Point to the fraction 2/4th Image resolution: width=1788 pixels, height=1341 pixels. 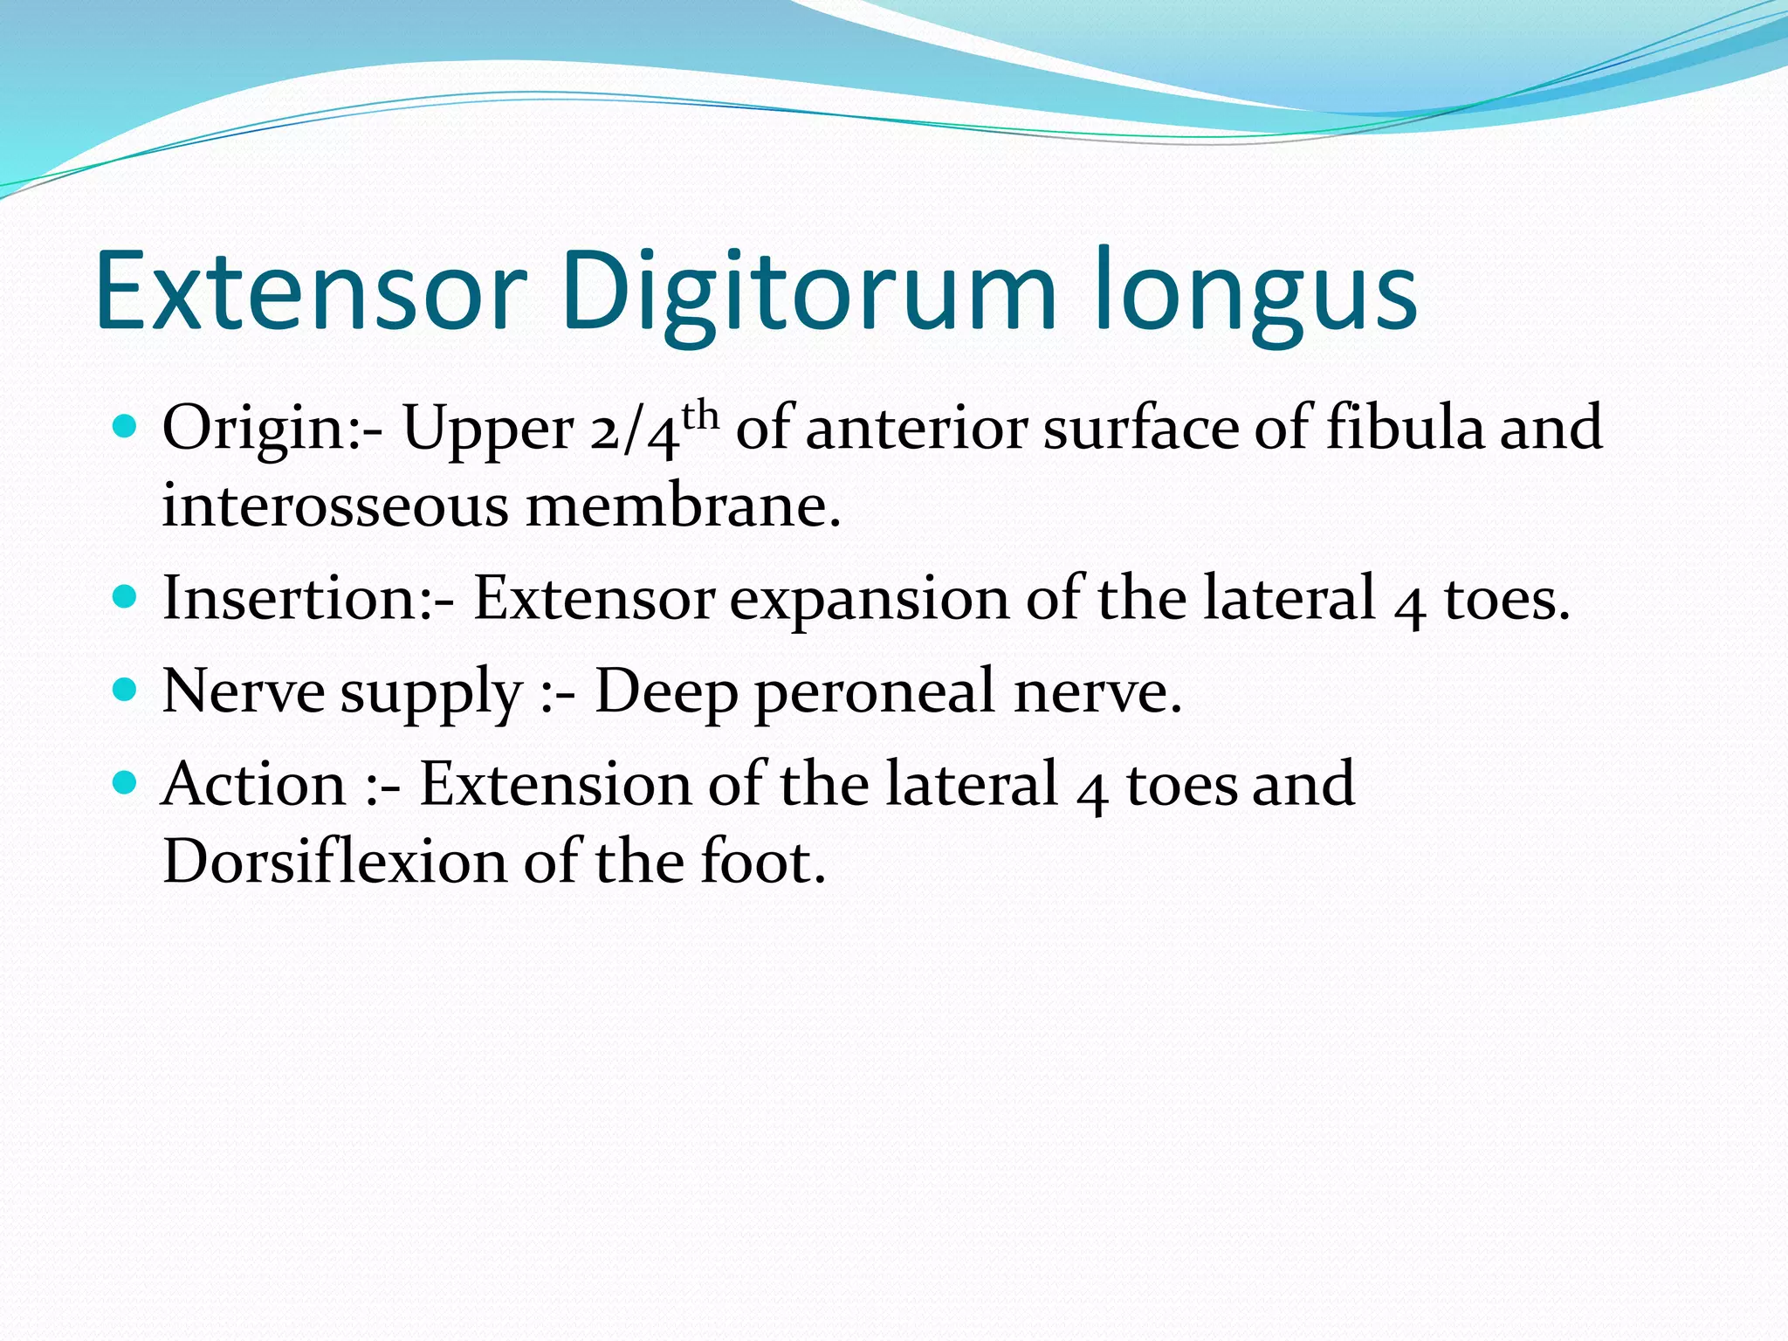654,429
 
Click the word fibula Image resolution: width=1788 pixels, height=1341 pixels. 1405,428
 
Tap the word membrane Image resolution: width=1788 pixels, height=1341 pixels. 682,505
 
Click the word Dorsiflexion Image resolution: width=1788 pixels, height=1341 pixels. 334,862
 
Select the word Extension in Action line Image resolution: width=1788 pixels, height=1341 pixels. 556,783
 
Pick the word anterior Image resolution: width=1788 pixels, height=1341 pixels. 916,428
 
